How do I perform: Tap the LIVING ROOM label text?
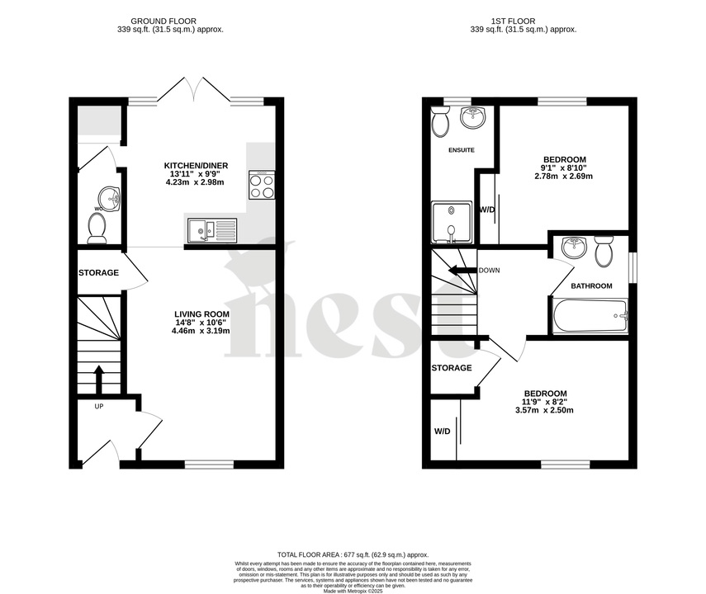(201, 314)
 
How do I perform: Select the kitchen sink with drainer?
(211, 229)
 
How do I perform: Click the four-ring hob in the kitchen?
(262, 185)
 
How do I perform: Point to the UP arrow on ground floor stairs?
(98, 379)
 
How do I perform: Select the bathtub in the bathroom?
(590, 316)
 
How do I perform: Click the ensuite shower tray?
(450, 222)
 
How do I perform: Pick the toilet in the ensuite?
(439, 123)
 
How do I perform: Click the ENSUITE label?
(461, 150)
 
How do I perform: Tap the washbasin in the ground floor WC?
(109, 197)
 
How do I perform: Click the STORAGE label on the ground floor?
(98, 273)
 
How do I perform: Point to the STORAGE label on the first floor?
(452, 368)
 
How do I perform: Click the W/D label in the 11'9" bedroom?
(443, 431)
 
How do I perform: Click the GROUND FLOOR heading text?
(170, 20)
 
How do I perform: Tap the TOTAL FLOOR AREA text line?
(353, 555)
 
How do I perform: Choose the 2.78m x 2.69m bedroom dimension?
(564, 176)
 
